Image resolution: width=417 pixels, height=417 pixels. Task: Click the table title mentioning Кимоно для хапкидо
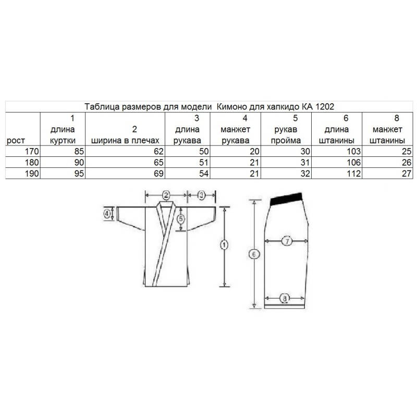209,107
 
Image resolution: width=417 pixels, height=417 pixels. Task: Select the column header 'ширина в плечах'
125,140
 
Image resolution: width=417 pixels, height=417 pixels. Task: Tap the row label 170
32,151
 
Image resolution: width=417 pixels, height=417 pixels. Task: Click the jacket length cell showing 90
79,163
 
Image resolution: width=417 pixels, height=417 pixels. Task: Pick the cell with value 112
353,174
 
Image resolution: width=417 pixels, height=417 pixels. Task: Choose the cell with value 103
353,151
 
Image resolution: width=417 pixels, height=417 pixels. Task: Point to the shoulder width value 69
158,174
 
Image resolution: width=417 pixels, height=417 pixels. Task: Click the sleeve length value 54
204,174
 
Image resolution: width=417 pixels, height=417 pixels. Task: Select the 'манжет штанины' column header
387,135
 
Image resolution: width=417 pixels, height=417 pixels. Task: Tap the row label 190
32,174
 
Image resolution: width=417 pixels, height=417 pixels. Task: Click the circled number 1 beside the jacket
224,244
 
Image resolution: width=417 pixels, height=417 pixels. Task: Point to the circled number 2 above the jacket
166,195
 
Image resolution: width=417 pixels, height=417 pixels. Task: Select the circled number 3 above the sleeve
201,195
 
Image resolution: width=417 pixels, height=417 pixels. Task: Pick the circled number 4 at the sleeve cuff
107,214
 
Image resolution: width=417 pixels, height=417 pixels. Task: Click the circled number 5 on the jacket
181,218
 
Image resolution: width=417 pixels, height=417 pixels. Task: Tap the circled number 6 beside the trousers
254,254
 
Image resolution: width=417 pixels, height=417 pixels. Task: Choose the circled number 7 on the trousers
287,241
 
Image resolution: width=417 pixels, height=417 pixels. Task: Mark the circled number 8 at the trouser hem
285,298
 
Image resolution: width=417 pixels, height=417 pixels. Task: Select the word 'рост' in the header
16,141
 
